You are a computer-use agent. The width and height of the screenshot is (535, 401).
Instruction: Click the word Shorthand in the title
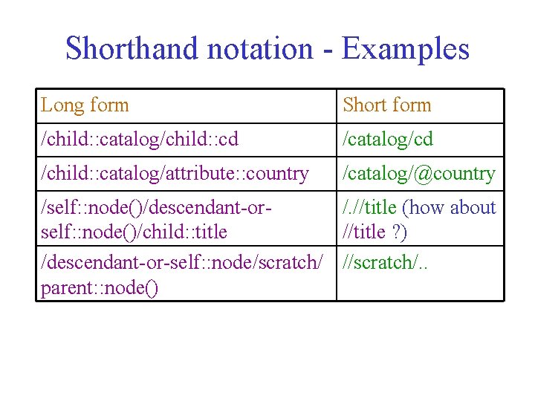(130, 49)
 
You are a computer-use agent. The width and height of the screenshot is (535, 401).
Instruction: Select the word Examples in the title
(406, 49)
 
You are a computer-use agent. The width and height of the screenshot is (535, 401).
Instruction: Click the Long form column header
(85, 105)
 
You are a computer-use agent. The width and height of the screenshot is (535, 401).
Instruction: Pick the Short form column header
(386, 105)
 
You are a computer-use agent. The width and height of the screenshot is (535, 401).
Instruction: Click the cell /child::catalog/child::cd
(139, 140)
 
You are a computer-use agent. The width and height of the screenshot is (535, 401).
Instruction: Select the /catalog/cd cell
(387, 140)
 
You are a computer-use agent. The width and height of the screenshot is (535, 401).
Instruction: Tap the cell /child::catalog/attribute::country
(175, 174)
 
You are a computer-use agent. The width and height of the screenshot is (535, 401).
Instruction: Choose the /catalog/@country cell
(418, 174)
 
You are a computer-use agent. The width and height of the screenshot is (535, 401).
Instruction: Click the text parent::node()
(100, 288)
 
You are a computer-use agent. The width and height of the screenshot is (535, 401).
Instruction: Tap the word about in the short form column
(473, 208)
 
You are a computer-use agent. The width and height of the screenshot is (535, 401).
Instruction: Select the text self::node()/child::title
(134, 232)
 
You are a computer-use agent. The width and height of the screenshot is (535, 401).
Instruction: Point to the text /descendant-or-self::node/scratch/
(182, 262)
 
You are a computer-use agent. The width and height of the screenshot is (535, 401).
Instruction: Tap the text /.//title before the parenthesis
(369, 208)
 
